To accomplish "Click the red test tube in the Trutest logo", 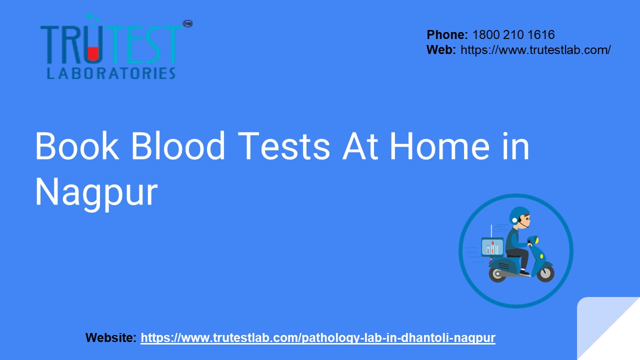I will click(x=93, y=51).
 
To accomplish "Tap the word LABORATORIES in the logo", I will click(x=111, y=73).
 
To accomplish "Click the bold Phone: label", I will click(x=447, y=35).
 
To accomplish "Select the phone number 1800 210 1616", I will click(x=513, y=35).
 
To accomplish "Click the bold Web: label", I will click(x=441, y=50).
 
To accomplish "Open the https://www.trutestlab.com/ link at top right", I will click(x=535, y=50).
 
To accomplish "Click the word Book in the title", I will click(x=76, y=146).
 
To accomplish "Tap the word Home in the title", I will click(x=439, y=146).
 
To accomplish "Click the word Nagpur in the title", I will click(x=96, y=192).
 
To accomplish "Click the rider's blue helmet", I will click(x=518, y=215).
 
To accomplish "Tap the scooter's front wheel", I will click(x=545, y=273).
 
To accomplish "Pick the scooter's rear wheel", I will click(x=497, y=274).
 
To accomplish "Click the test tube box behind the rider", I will click(x=492, y=247).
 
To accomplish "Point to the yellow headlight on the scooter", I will click(x=536, y=241).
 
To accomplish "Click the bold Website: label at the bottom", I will click(x=111, y=338).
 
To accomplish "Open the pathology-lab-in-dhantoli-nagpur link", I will click(x=318, y=338).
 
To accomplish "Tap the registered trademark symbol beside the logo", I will click(x=188, y=23).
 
